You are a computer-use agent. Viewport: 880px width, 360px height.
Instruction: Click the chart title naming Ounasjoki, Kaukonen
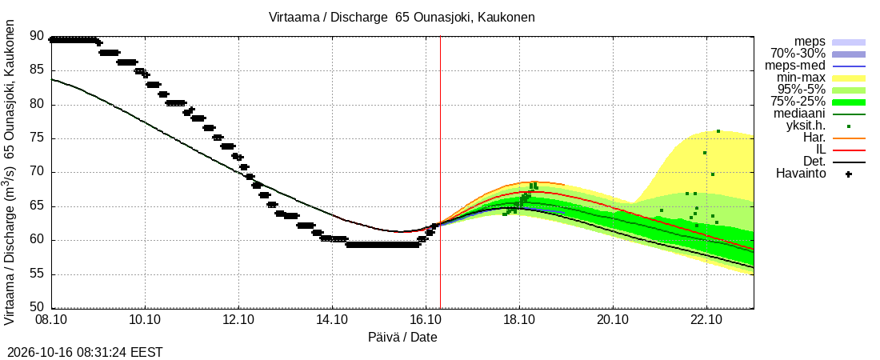coord(402,18)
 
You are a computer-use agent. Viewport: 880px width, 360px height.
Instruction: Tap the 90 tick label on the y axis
coord(37,37)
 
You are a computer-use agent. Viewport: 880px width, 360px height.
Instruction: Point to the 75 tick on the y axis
coord(37,138)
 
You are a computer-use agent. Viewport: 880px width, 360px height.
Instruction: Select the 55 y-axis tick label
coord(37,274)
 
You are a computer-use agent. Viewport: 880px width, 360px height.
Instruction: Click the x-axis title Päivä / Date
coord(402,338)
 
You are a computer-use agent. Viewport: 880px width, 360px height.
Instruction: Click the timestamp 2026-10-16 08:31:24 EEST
coord(82,353)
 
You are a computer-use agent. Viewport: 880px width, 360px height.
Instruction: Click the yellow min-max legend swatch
coord(849,79)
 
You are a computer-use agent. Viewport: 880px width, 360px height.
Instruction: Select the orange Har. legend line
coord(849,138)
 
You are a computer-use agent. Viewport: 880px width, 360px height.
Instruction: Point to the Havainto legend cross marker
coord(849,174)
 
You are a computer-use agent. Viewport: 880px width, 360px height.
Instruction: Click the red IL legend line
coord(849,150)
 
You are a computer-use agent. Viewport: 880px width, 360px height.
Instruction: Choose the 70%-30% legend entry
coord(798,54)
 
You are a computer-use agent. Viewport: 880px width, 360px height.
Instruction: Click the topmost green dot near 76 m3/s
coord(718,131)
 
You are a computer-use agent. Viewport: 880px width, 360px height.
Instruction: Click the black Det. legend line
coord(849,162)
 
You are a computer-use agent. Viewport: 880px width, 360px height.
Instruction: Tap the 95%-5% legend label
coord(802,90)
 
